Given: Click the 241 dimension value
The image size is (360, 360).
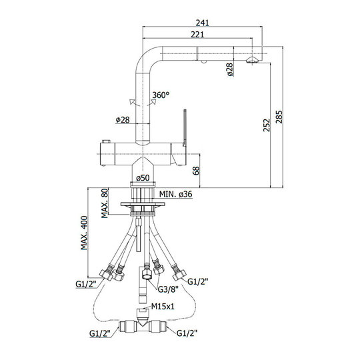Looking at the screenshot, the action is pyautogui.click(x=202, y=23).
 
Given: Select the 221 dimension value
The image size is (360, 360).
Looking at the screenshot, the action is pyautogui.click(x=197, y=35).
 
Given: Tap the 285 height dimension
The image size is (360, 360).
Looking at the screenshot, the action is pyautogui.click(x=279, y=117).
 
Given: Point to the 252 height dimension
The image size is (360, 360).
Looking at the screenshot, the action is pyautogui.click(x=267, y=125).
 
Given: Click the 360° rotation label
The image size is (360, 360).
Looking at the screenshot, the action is pyautogui.click(x=161, y=95).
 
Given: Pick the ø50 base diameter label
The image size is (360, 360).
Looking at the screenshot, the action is pyautogui.click(x=143, y=178).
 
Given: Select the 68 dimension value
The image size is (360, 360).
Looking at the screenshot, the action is pyautogui.click(x=196, y=171).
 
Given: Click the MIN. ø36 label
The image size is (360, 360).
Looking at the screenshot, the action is pyautogui.click(x=176, y=194).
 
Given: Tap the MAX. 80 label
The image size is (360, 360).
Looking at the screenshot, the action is pyautogui.click(x=105, y=203).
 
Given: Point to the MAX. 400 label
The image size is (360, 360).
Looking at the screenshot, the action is pyautogui.click(x=84, y=233).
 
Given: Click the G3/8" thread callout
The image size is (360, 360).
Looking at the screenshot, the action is pyautogui.click(x=168, y=289).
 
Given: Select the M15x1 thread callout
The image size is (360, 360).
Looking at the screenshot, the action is pyautogui.click(x=163, y=306).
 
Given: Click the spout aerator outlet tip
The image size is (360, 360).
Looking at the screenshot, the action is pyautogui.click(x=252, y=61).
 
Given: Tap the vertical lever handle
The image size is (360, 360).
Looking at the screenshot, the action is pyautogui.click(x=185, y=127).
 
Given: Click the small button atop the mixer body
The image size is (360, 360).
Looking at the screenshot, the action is pyautogui.click(x=106, y=141).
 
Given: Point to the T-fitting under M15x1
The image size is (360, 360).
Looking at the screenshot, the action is pyautogui.click(x=143, y=326).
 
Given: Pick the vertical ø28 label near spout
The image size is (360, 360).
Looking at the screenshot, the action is pyautogui.click(x=229, y=69).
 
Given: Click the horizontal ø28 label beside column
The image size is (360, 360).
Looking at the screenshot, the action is pyautogui.click(x=123, y=119).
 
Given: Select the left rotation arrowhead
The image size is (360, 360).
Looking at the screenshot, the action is pyautogui.click(x=132, y=102).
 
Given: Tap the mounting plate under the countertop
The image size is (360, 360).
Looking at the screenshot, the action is pyautogui.click(x=143, y=204).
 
